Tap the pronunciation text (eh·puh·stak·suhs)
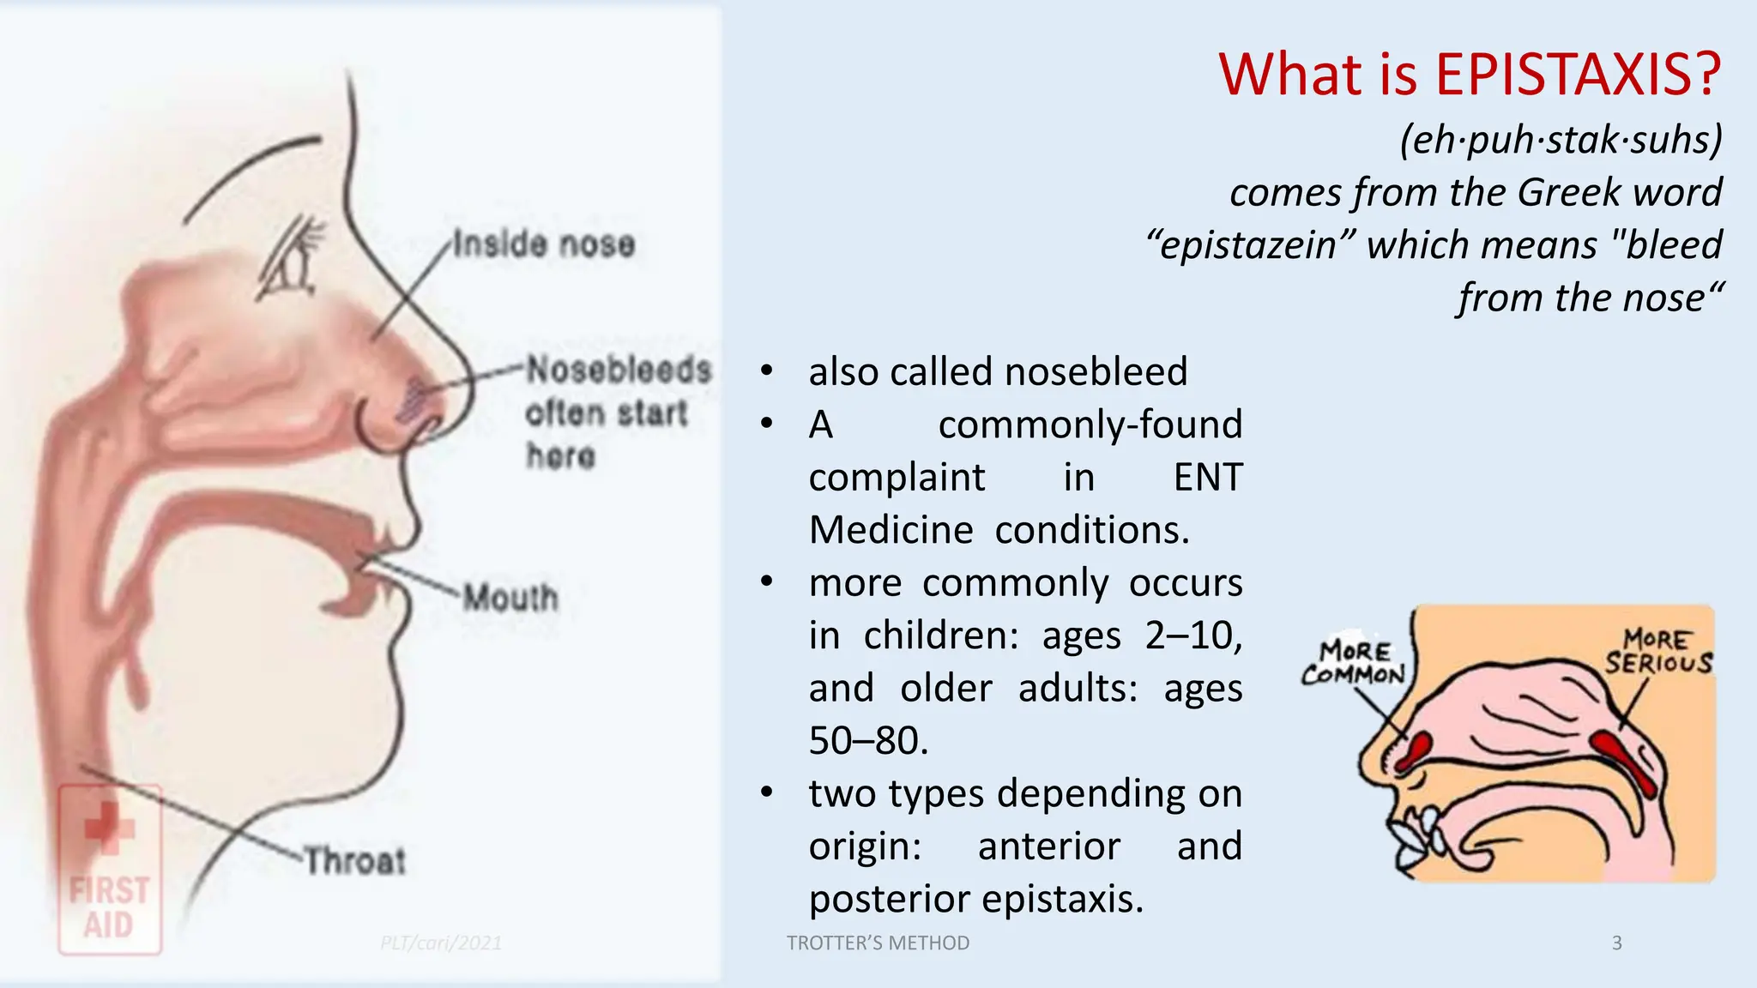click(x=1561, y=140)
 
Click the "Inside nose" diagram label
click(x=544, y=244)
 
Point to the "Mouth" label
click(x=510, y=598)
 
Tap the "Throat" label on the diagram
click(x=355, y=860)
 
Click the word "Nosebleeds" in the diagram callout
click(x=619, y=370)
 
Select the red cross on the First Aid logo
click(x=109, y=828)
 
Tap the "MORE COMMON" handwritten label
click(x=1353, y=663)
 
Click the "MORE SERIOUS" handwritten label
click(x=1657, y=652)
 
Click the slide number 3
click(x=1616, y=943)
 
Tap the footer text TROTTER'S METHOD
click(x=878, y=943)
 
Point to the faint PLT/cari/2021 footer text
click(x=441, y=943)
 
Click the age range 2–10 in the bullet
click(x=1192, y=636)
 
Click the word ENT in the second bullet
click(x=1207, y=478)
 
